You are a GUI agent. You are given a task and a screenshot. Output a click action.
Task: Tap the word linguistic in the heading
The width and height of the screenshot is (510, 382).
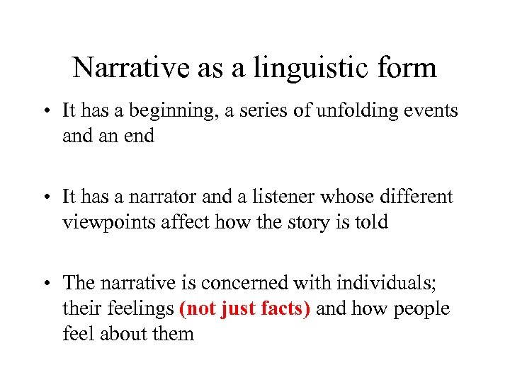300,68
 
